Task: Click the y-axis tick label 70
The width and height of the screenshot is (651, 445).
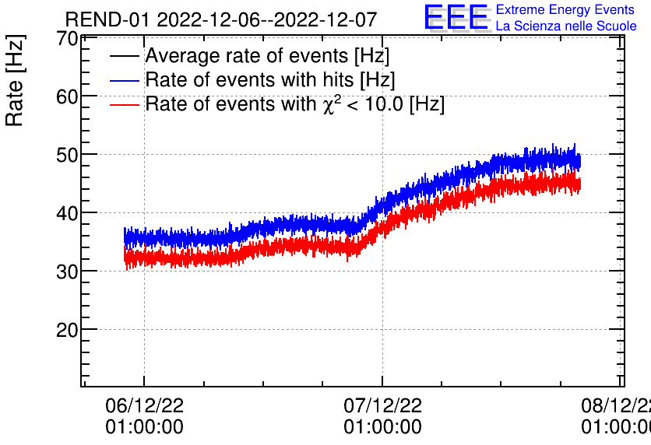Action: pos(68,39)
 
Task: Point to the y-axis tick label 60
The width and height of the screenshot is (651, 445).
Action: pos(68,96)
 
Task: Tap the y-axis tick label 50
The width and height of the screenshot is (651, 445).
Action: pos(68,155)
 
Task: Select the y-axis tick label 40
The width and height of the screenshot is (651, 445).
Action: pos(68,213)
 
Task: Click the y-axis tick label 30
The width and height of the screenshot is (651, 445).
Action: pos(68,272)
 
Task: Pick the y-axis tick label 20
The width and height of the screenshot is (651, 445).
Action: pos(68,330)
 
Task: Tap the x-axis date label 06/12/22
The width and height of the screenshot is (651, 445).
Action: pos(144,405)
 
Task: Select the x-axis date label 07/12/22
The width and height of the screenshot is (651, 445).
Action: pos(382,405)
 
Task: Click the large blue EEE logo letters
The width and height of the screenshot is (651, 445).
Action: pos(456,18)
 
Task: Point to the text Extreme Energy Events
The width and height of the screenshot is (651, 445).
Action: pos(565,10)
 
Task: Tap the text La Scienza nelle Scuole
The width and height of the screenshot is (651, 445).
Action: pos(565,26)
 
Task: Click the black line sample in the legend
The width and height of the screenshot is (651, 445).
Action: pos(125,57)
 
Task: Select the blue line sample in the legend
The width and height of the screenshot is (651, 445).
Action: pos(125,80)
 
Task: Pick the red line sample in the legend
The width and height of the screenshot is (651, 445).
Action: pos(125,103)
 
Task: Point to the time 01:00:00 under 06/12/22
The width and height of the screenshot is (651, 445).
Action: pos(144,427)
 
